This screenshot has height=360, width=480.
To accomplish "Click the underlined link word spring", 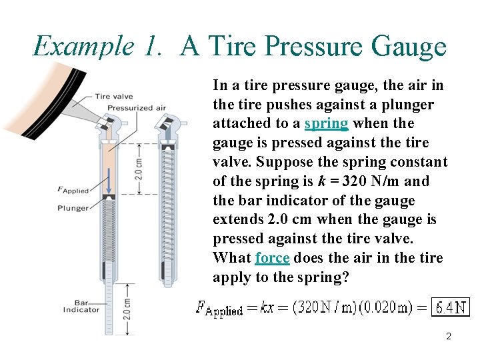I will click(326, 123).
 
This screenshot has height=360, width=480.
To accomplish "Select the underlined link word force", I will click(272, 258).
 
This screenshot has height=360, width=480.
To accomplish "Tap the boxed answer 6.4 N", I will click(451, 307).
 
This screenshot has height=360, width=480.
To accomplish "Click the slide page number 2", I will click(449, 337).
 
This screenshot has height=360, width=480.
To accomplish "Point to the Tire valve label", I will click(113, 97).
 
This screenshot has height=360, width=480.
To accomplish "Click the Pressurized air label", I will click(137, 107).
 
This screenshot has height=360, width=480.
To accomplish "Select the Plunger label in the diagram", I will click(73, 208).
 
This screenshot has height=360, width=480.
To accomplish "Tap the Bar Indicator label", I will click(81, 305).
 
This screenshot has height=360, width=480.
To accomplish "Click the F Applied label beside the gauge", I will click(73, 191).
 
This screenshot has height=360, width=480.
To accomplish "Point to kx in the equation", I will click(267, 307).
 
